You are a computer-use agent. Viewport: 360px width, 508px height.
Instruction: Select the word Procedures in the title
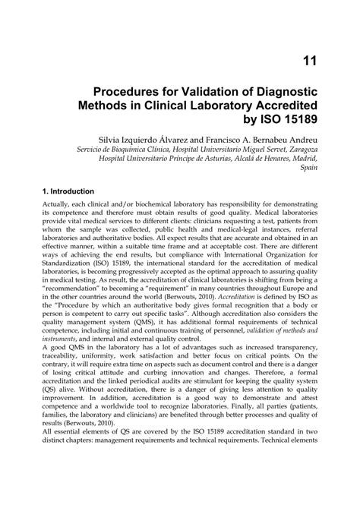(134, 92)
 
